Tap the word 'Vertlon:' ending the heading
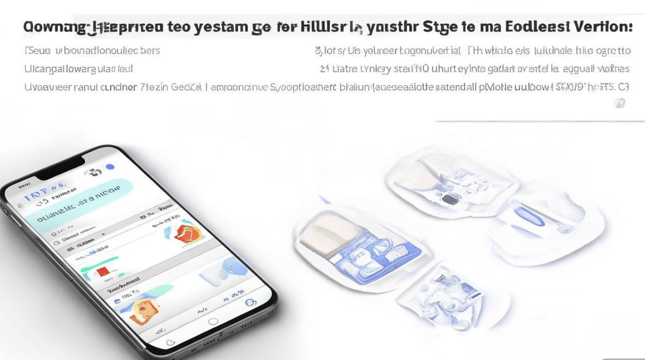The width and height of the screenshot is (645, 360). tap(606, 27)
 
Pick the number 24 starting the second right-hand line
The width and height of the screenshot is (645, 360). tap(324, 69)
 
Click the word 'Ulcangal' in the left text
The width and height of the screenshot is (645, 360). tap(41, 69)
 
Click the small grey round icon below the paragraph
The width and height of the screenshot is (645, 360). tap(620, 103)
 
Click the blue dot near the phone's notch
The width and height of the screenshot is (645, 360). tap(110, 167)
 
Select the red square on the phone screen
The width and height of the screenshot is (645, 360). tap(103, 272)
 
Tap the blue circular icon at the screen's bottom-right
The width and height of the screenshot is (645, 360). tap(250, 303)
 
